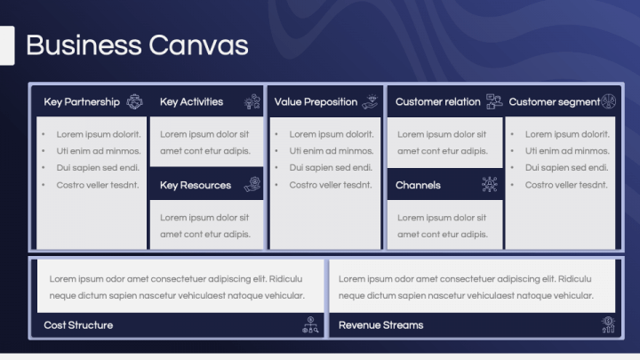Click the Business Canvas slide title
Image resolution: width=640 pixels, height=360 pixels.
137,45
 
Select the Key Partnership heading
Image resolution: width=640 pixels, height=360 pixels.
82,102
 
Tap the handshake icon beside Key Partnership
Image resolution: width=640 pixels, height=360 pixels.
135,101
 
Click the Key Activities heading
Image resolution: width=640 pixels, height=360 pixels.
191,101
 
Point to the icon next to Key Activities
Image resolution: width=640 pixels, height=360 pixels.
252,101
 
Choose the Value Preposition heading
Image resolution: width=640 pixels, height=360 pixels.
316,102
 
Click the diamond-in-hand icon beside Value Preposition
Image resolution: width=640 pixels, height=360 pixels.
370,101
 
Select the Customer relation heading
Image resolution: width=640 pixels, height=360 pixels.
437,101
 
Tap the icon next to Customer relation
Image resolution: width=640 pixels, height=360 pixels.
494,101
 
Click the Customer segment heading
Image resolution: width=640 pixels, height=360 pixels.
555,102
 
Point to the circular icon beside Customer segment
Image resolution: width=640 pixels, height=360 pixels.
608,101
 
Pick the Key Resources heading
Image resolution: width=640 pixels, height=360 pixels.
196,185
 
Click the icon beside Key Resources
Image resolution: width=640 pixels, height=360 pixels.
252,185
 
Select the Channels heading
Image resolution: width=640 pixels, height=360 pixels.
418,185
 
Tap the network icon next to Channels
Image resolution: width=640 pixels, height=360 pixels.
490,185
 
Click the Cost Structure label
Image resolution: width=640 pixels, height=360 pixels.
78,325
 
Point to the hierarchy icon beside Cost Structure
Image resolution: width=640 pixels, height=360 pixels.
310,325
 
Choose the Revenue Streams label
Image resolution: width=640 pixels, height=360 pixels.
380,325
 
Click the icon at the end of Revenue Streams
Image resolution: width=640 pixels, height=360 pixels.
608,325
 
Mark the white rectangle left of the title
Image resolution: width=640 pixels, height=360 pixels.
7,45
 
